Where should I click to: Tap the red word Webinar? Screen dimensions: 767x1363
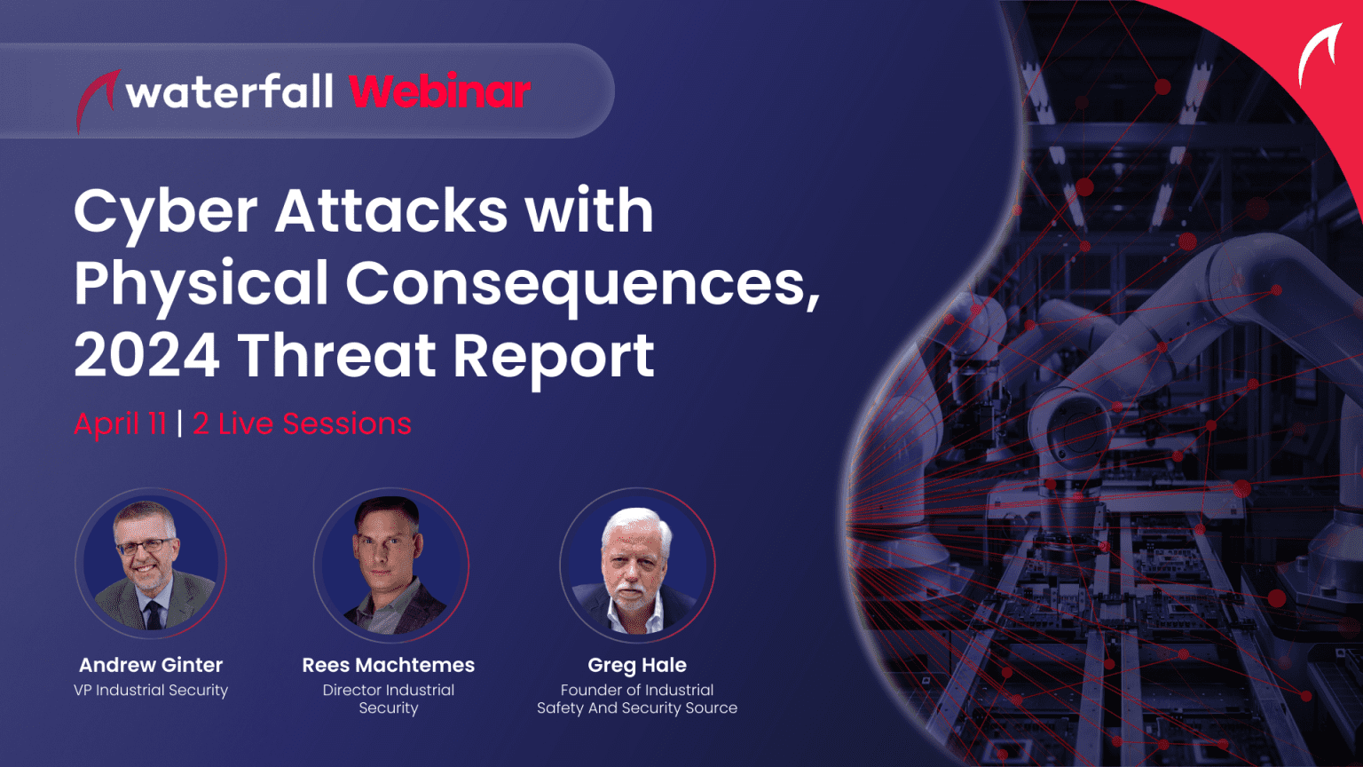(439, 91)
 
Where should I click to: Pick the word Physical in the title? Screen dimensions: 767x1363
(201, 284)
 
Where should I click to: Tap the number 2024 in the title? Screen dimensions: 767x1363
(147, 356)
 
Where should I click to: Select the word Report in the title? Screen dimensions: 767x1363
(554, 356)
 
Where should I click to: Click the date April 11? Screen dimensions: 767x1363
(121, 423)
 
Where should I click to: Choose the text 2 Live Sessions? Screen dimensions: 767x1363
(303, 423)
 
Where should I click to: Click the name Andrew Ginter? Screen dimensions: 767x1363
(151, 665)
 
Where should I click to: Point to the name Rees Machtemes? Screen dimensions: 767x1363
(389, 665)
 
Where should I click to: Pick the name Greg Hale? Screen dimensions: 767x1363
(637, 665)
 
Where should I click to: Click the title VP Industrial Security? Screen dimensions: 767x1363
(151, 690)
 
